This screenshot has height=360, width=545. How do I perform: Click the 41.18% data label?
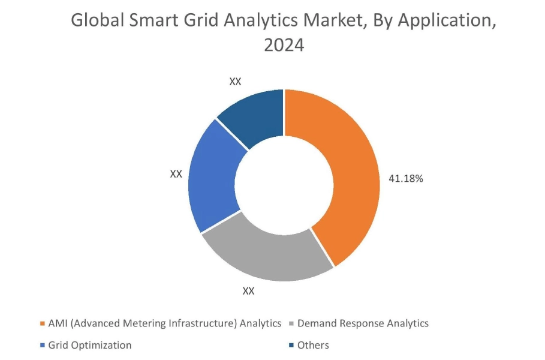(x=407, y=178)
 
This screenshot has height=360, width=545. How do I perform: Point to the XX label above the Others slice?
(x=235, y=81)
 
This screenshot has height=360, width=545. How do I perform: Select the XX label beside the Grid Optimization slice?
(x=176, y=173)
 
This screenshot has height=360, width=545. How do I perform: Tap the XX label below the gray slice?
(x=248, y=292)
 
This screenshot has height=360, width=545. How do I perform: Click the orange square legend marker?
(x=42, y=324)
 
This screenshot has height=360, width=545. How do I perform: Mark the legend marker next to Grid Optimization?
(x=42, y=346)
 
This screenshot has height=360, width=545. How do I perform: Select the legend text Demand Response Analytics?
(x=363, y=323)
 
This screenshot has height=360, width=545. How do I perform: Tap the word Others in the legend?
(x=313, y=345)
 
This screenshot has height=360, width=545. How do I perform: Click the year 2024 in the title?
(x=284, y=45)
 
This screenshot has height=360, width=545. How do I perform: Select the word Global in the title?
(x=95, y=20)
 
